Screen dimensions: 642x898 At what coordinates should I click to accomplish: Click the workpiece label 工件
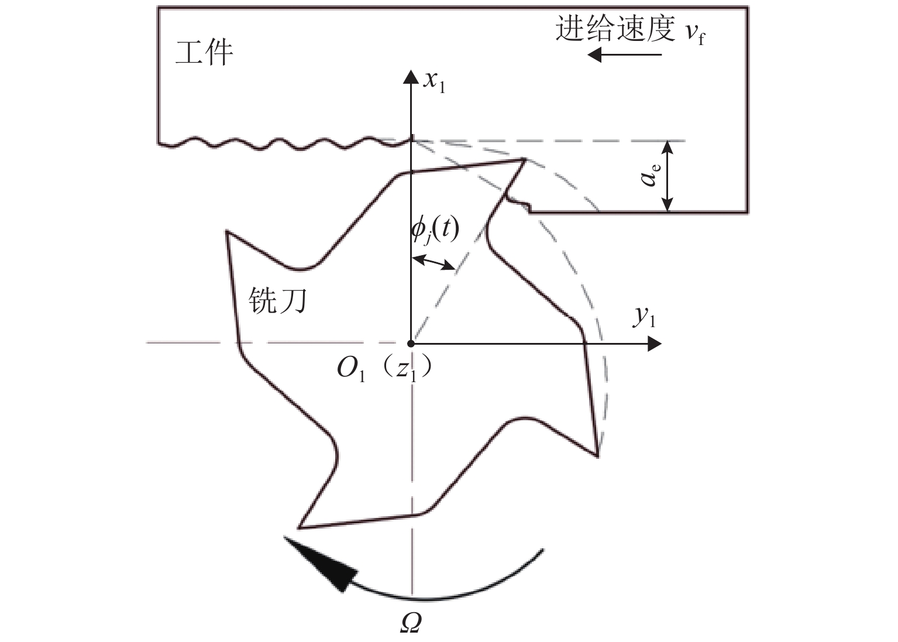[x=204, y=53]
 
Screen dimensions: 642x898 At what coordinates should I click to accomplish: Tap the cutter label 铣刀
[x=278, y=301]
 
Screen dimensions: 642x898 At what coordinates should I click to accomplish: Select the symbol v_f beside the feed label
[x=694, y=33]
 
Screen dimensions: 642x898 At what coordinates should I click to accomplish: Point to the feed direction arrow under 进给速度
[x=624, y=55]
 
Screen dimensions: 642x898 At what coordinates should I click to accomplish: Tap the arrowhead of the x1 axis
[x=412, y=76]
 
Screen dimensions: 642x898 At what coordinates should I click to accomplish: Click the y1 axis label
[x=644, y=317]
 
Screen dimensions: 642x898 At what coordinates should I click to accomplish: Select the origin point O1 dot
[x=411, y=344]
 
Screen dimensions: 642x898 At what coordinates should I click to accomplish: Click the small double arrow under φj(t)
[x=433, y=262]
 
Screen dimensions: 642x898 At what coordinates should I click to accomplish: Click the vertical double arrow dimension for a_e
[x=668, y=176]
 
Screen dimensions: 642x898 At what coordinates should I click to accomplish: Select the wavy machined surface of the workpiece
[x=281, y=143]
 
